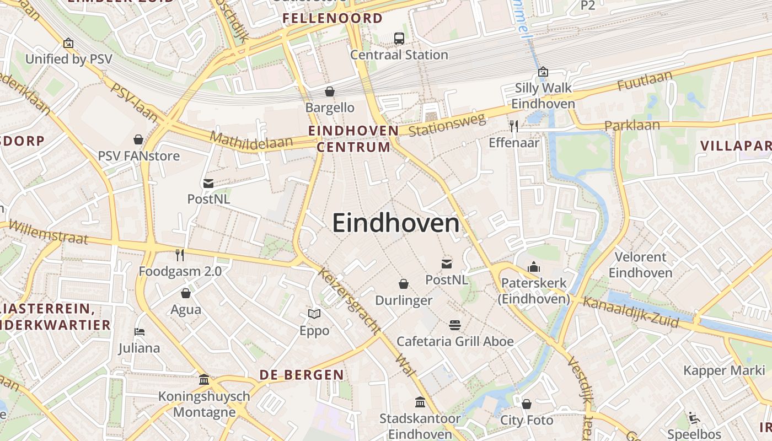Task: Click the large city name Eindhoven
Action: [395, 224]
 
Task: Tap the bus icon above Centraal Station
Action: [399, 39]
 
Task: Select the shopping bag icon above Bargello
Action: [330, 92]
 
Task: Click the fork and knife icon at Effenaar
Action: [514, 126]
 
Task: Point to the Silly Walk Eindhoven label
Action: [543, 95]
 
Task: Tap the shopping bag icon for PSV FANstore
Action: [138, 139]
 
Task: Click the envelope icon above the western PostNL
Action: [208, 183]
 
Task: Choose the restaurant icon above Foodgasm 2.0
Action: [180, 255]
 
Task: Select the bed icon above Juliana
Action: [140, 332]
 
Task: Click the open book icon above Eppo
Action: [314, 314]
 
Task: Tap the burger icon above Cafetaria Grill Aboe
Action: [455, 325]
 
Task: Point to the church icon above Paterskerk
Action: [534, 267]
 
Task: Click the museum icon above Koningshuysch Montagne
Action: [204, 380]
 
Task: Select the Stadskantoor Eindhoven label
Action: [420, 426]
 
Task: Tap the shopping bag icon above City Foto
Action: [527, 404]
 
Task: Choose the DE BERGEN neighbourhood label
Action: [302, 375]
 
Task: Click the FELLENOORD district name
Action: [333, 18]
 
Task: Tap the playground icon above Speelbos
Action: [694, 417]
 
